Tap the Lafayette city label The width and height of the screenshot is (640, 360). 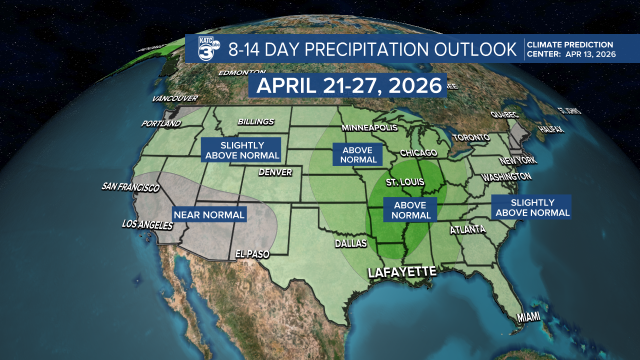pyautogui.click(x=402, y=272)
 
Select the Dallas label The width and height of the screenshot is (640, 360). pyautogui.click(x=351, y=243)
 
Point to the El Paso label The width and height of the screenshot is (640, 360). pyautogui.click(x=252, y=254)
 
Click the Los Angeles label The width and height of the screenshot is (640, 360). pyautogui.click(x=147, y=225)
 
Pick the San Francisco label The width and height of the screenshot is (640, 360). pyautogui.click(x=130, y=187)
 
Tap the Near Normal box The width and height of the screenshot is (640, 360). pyautogui.click(x=209, y=215)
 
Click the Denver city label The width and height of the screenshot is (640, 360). pyautogui.click(x=275, y=172)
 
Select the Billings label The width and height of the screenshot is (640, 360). pyautogui.click(x=256, y=121)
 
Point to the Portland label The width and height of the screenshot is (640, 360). pyautogui.click(x=160, y=123)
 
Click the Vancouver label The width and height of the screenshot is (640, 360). pyautogui.click(x=175, y=98)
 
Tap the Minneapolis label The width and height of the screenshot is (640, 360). pyautogui.click(x=369, y=128)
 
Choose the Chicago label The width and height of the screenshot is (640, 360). pyautogui.click(x=418, y=152)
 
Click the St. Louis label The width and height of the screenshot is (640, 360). pyautogui.click(x=405, y=182)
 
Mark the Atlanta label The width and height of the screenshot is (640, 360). pyautogui.click(x=467, y=230)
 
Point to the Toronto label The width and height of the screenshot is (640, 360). pyautogui.click(x=471, y=137)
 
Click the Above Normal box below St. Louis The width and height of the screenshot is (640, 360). pyautogui.click(x=410, y=210)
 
